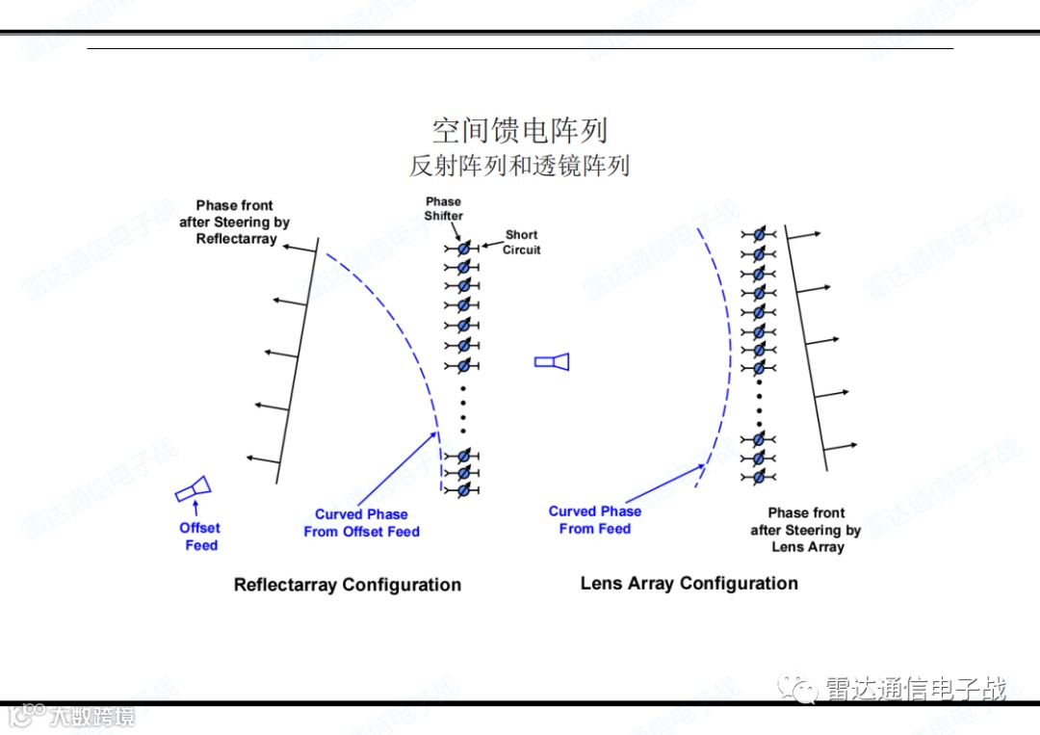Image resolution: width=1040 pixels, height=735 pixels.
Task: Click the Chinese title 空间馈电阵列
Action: pos(519,131)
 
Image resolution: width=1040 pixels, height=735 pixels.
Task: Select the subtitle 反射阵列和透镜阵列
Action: pos(519,166)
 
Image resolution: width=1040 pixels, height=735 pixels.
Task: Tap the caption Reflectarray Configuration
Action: pos(348,585)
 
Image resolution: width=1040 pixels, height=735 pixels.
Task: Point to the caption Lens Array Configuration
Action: pos(689,583)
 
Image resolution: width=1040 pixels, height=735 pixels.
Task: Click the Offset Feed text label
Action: pos(200,537)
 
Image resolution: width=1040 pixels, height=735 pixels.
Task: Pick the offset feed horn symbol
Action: pos(194,489)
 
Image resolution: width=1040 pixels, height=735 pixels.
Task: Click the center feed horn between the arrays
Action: pos(552,361)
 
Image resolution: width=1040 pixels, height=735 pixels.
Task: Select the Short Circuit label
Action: pos(522,242)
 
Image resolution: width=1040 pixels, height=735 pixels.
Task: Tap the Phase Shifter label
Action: pos(443,209)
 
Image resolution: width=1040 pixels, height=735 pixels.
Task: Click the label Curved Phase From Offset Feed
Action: pos(362,523)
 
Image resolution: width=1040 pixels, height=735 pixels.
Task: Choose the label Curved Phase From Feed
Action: pos(595,520)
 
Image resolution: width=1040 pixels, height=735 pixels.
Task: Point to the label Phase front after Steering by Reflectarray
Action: pos(235,222)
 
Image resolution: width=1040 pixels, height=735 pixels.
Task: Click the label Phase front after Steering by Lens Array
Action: pos(807,530)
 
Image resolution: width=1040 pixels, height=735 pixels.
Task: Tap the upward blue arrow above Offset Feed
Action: pos(196,509)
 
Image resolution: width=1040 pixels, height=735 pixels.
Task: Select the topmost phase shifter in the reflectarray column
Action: pos(463,248)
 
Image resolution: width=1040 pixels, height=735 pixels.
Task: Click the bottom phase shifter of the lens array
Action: pos(759,477)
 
